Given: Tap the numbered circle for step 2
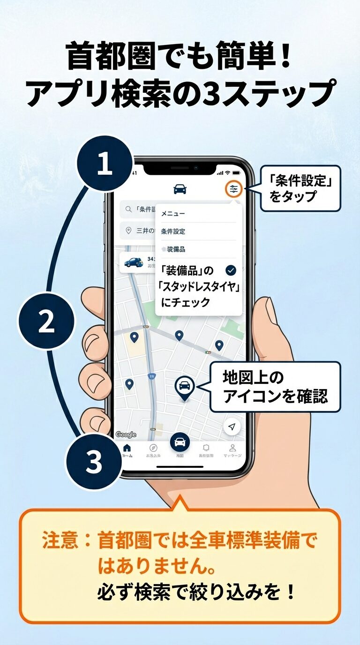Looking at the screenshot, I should tap(46, 322).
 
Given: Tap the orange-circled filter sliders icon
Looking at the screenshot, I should tap(233, 189).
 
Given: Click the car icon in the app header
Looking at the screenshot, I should tap(180, 189).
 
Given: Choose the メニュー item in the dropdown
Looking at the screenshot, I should tap(173, 214).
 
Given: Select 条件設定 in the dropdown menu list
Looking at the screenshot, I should tap(173, 232).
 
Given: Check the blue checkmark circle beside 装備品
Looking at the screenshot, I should tap(231, 270).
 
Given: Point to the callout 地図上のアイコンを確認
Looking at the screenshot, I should tap(275, 387).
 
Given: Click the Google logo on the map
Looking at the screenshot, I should tap(126, 435).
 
